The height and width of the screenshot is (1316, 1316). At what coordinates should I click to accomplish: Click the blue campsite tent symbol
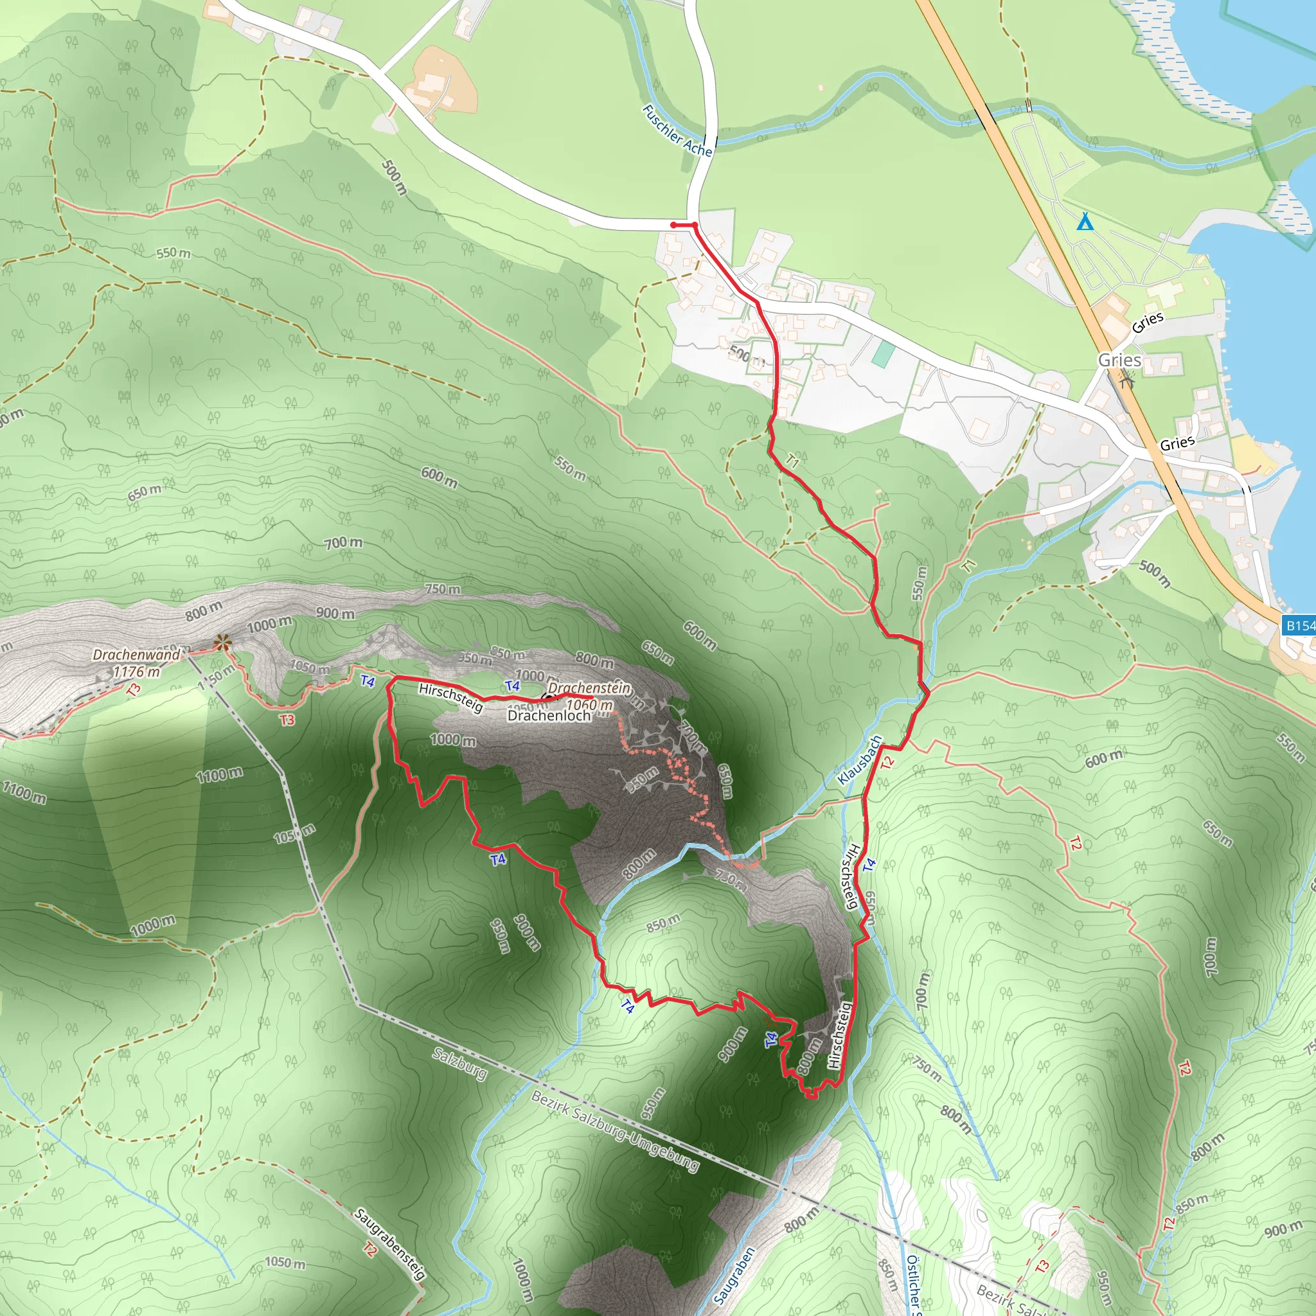click(x=1085, y=222)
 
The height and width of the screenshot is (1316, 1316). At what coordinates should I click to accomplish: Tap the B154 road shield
click(x=1298, y=625)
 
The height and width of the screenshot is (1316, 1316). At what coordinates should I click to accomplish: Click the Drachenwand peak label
click(x=136, y=655)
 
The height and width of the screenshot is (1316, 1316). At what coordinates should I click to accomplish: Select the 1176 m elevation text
click(x=136, y=671)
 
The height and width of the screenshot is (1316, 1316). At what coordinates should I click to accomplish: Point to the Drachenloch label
click(x=549, y=716)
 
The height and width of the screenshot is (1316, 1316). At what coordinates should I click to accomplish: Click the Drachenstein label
click(x=589, y=688)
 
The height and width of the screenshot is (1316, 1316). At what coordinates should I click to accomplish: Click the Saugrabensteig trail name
click(x=389, y=1244)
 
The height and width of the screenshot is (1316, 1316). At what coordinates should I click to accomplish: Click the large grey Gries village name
click(x=1119, y=360)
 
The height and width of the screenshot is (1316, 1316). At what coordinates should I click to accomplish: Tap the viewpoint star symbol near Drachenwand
click(x=220, y=642)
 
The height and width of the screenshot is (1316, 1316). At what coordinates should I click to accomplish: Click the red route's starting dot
click(x=673, y=225)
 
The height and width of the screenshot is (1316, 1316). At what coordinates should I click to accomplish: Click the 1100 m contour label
click(x=218, y=774)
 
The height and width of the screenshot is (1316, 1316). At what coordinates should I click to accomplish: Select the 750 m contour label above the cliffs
click(x=442, y=589)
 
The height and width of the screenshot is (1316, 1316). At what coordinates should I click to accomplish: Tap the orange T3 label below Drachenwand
click(x=287, y=719)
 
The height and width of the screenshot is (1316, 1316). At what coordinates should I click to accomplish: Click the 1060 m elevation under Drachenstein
click(x=589, y=705)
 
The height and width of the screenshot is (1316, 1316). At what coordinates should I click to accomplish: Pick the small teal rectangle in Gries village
click(x=884, y=354)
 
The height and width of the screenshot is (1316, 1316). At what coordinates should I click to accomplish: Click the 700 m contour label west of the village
click(x=343, y=543)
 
